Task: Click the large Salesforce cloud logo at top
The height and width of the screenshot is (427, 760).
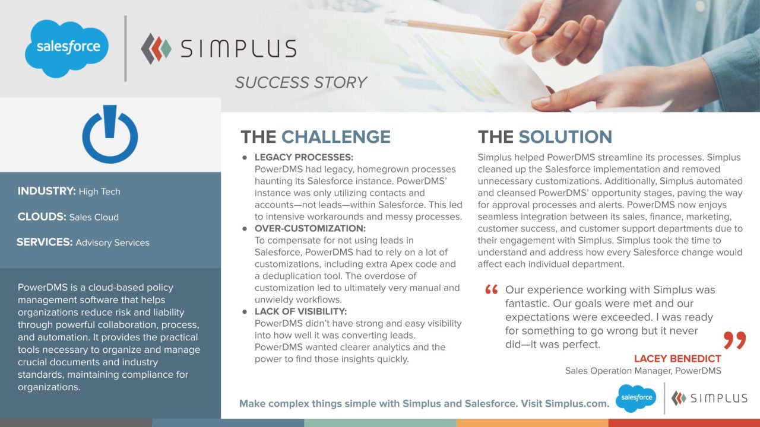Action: coord(66,48)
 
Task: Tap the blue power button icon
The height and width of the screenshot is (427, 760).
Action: coord(110,135)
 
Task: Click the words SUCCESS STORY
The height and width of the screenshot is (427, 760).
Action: coord(300,82)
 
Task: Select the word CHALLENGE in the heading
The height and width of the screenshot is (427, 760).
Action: coord(335,137)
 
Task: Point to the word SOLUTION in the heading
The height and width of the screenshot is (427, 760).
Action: coord(565,137)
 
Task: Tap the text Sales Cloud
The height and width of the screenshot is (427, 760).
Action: coord(94,217)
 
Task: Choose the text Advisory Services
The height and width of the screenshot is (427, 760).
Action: coord(112,243)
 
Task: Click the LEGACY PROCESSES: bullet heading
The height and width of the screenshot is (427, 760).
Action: coord(303,158)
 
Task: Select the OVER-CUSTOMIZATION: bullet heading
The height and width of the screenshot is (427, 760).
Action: coord(310,228)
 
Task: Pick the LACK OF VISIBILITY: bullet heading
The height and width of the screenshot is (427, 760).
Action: coord(300,311)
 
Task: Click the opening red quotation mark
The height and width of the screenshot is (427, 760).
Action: coord(491,290)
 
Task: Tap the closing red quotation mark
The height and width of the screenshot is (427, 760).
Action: coord(734,340)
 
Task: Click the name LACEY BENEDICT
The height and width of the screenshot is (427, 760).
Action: coord(677,359)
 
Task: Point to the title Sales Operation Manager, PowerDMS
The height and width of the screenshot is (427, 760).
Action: coord(643,371)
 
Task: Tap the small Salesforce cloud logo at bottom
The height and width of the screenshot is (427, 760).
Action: coord(636,398)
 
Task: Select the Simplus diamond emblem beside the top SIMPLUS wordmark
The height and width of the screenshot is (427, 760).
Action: coord(156,49)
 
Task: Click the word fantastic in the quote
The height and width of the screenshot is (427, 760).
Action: coord(531,304)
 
